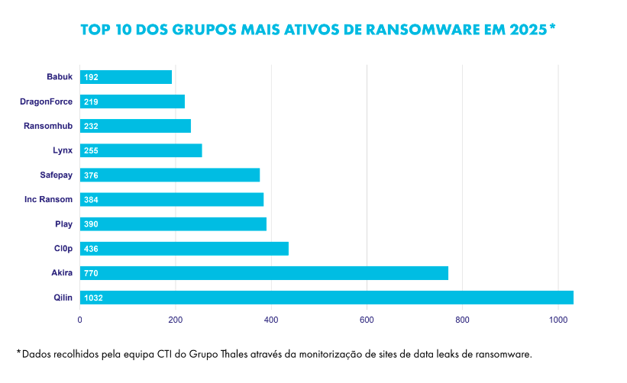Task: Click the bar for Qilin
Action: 326,298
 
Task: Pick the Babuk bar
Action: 125,77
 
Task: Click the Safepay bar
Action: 170,175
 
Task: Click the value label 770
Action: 92,273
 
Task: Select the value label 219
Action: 92,101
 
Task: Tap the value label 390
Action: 92,224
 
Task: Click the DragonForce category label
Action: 46,101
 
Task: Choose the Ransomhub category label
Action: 48,126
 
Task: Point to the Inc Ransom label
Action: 49,200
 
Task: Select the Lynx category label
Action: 63,150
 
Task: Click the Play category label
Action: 63,224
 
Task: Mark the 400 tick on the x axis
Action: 271,320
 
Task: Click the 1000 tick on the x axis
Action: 558,320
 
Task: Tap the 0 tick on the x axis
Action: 80,320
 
